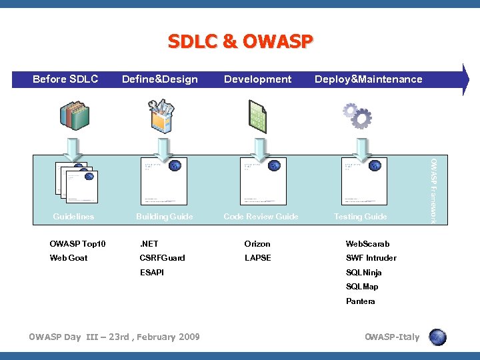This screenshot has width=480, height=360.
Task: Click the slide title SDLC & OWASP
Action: tap(240, 42)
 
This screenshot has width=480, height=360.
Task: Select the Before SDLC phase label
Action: tap(65, 79)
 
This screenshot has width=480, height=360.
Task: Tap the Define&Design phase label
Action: tap(159, 79)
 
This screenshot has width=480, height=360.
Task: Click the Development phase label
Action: tap(257, 79)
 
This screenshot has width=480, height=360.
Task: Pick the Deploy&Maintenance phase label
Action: tap(368, 79)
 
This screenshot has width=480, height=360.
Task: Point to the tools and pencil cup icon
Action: tap(160, 115)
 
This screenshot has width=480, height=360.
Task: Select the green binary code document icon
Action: tap(257, 115)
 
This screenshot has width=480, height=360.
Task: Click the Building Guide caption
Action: tap(164, 217)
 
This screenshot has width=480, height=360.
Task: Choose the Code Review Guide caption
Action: tap(261, 217)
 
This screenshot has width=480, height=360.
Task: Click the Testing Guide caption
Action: tap(360, 217)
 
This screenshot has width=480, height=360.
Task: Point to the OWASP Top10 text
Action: tap(77, 244)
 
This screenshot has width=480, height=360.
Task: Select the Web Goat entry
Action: tap(69, 258)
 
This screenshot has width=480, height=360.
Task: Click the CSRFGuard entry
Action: tap(162, 258)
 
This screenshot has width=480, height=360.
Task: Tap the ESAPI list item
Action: tap(151, 273)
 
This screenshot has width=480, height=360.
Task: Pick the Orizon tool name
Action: tap(257, 244)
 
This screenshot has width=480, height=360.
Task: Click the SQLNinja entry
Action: tap(363, 273)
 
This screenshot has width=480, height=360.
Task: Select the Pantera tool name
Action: tap(360, 301)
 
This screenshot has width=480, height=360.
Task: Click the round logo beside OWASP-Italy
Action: tap(437, 337)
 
